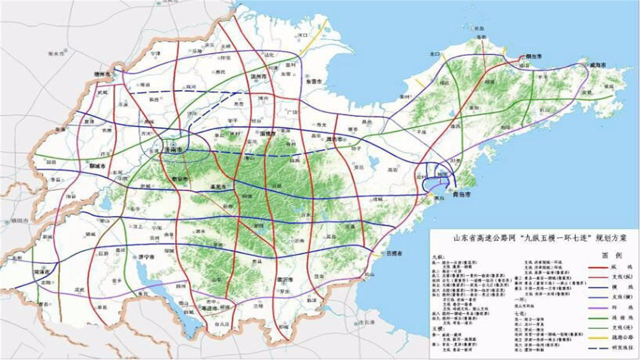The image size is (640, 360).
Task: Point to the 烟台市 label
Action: tap(533, 56)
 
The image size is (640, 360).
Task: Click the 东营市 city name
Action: tap(314, 80)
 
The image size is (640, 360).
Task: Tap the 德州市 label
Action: tap(102, 73)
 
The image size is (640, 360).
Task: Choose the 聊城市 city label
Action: tap(96, 165)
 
